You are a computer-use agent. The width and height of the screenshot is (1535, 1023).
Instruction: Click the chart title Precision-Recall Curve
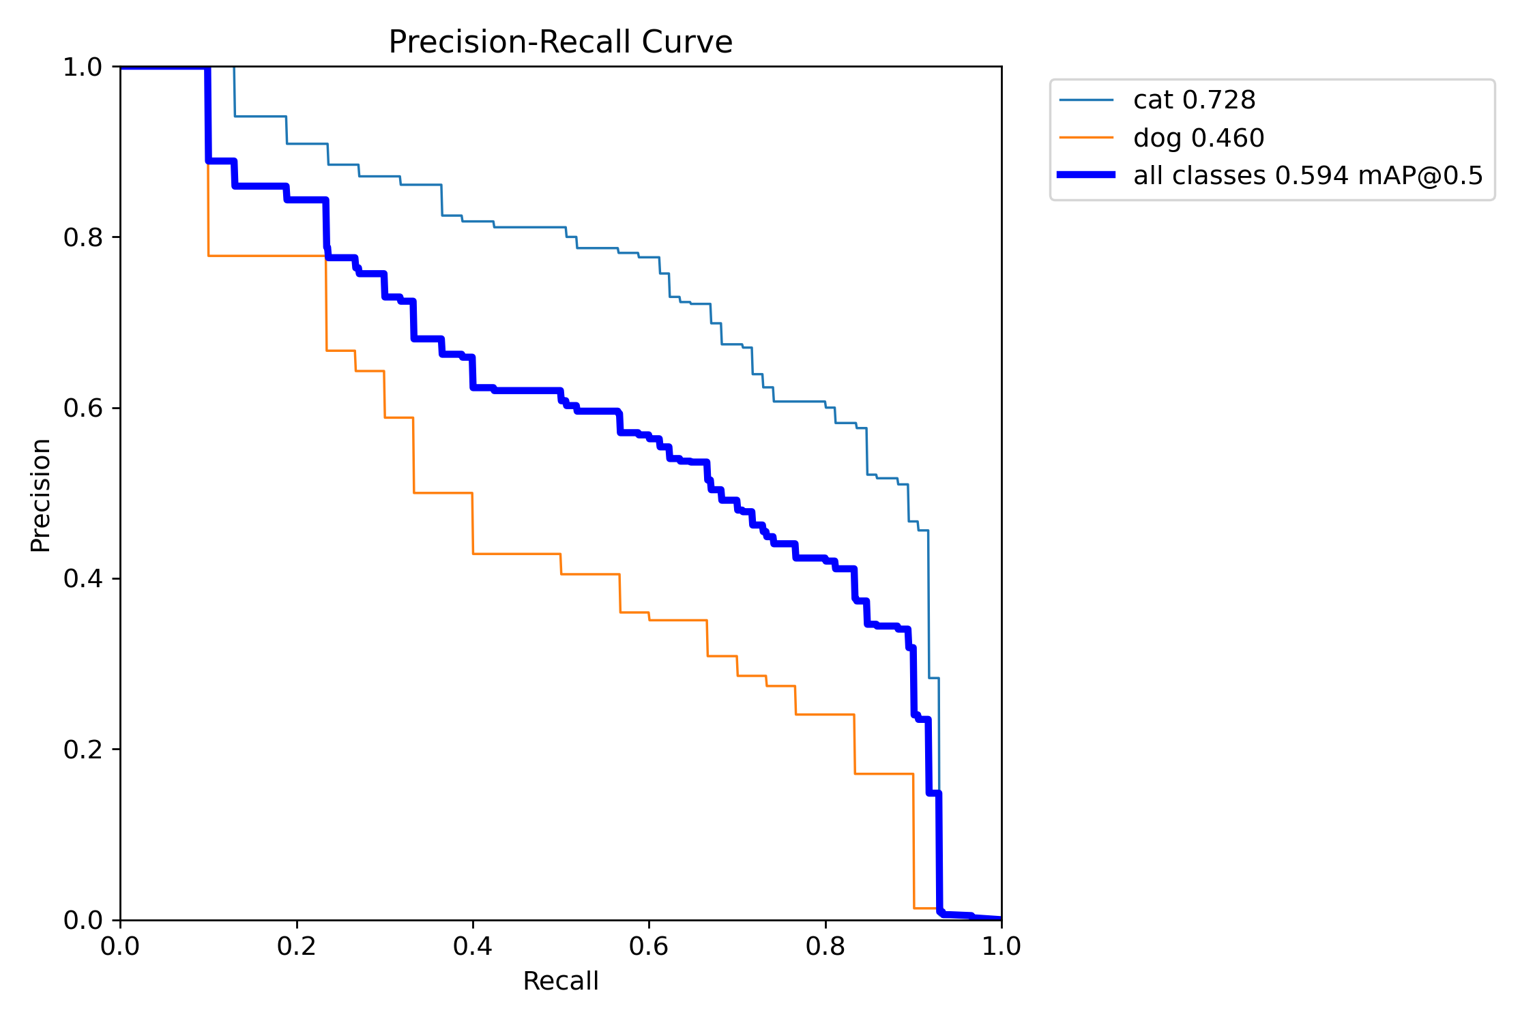[x=560, y=42]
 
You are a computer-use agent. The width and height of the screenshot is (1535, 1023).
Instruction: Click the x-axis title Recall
[x=560, y=981]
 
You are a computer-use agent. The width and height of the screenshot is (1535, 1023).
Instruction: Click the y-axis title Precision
[x=41, y=495]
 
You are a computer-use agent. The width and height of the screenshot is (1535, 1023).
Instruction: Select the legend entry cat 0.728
[x=1194, y=100]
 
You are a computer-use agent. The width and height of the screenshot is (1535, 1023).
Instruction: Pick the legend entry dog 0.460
[x=1199, y=138]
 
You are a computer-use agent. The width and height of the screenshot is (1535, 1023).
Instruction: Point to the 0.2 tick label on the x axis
[x=297, y=946]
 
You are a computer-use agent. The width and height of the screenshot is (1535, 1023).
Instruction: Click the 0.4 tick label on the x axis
[x=473, y=946]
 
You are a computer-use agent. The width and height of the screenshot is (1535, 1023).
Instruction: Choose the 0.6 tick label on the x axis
[x=649, y=946]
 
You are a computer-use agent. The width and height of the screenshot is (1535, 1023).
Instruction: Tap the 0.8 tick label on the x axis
[x=825, y=946]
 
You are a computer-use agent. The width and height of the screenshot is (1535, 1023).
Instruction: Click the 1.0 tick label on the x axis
[x=1001, y=946]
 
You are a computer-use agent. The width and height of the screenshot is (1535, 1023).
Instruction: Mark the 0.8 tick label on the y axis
[x=83, y=237]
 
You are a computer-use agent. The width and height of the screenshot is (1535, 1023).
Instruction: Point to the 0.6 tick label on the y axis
[x=83, y=408]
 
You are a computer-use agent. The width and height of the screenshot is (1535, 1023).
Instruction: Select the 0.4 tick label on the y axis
[x=83, y=578]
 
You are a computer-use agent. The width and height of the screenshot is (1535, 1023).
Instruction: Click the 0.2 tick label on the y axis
[x=83, y=750]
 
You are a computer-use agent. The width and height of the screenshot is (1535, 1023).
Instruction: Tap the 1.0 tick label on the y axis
[x=83, y=67]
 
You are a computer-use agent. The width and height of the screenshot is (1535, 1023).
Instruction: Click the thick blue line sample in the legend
[x=1086, y=175]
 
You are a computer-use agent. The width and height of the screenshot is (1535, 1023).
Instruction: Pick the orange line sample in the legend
[x=1086, y=138]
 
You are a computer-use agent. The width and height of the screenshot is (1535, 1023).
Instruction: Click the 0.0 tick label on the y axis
[x=83, y=920]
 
